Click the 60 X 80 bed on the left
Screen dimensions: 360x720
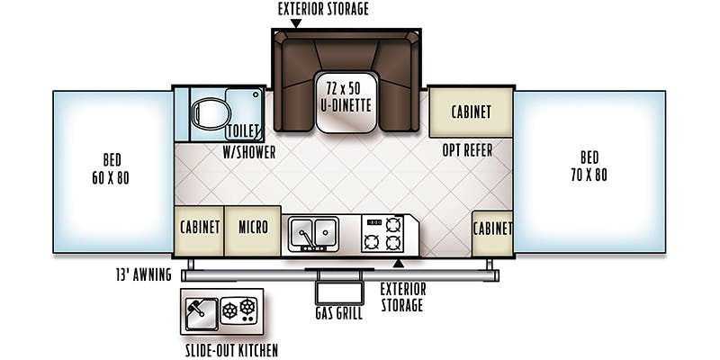pyautogui.click(x=112, y=171)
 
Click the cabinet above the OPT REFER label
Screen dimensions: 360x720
pyautogui.click(x=470, y=112)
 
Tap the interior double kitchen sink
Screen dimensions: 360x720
pyautogui.click(x=312, y=234)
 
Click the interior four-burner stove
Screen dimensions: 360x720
pyautogui.click(x=382, y=234)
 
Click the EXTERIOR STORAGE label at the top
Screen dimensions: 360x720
pyautogui.click(x=323, y=9)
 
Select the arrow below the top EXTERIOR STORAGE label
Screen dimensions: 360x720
pyautogui.click(x=297, y=24)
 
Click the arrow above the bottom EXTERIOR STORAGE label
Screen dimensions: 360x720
pyautogui.click(x=398, y=264)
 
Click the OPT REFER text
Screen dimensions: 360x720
pyautogui.click(x=467, y=150)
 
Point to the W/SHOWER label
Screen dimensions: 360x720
pyautogui.click(x=249, y=152)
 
